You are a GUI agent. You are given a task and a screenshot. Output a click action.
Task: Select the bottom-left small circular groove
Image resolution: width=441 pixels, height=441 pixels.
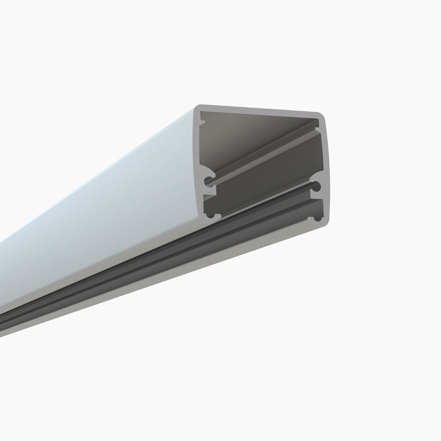210,215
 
